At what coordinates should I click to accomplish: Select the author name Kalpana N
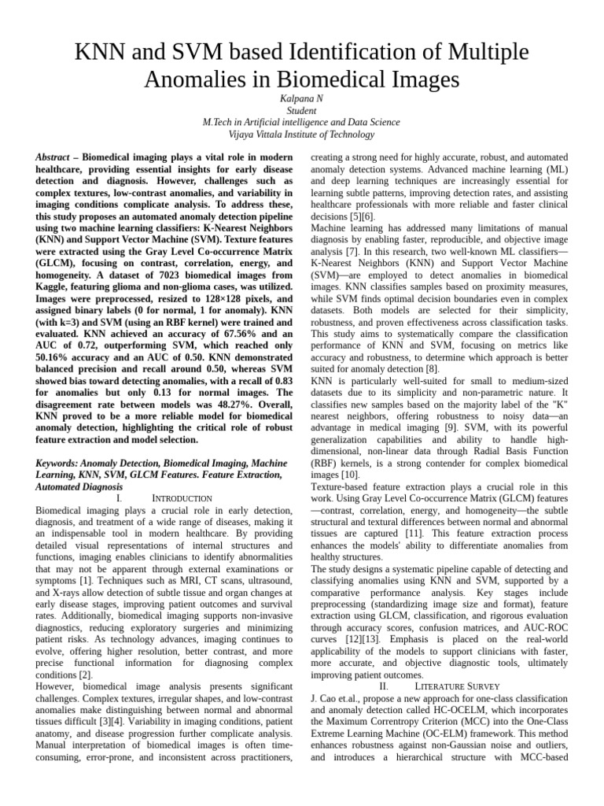[301, 98]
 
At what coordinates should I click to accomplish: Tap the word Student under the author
[301, 111]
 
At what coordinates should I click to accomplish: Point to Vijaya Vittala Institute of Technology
[301, 135]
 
